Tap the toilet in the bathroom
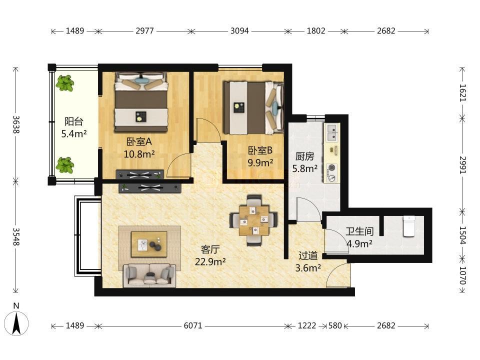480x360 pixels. pos(408,226)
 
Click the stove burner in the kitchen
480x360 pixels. pos(331,168)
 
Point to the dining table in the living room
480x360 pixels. pos(254,220)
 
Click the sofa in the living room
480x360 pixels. pos(149,275)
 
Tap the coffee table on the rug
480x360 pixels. pos(149,244)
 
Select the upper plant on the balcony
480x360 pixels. pos(64,82)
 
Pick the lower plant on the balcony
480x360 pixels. pos(64,165)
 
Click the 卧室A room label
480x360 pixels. pos(139,141)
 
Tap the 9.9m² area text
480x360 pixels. pos(260,162)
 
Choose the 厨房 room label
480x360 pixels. pos(304,156)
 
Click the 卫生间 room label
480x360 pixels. pos(359,231)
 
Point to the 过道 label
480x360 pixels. pos(308,255)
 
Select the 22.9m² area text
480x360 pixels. pos(210,261)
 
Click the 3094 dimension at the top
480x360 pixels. pos(239,31)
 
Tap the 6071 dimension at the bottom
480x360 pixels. pos(193,325)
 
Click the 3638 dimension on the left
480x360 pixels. pos(16,124)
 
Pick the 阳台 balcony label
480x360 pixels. pos(74,121)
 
